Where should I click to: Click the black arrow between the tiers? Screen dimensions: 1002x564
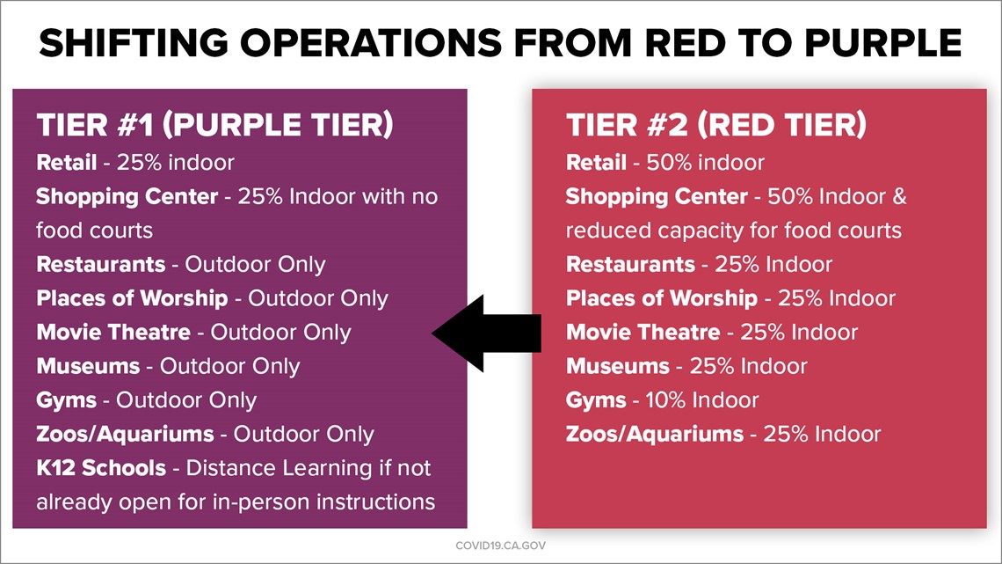(486, 333)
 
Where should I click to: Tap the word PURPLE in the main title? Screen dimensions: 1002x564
(883, 43)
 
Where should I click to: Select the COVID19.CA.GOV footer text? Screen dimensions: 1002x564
(500, 546)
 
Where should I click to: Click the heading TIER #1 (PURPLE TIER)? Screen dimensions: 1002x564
(214, 125)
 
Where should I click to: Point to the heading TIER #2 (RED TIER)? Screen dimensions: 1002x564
(716, 125)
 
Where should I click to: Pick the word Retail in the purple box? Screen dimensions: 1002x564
(67, 163)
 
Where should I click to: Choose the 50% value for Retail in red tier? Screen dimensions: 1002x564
(666, 163)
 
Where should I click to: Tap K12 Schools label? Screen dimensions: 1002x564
(101, 468)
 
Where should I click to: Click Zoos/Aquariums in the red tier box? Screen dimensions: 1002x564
(655, 434)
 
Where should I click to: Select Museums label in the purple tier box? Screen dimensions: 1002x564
(88, 366)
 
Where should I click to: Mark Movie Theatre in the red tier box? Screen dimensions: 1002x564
(643, 333)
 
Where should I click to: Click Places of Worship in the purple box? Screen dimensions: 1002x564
(132, 298)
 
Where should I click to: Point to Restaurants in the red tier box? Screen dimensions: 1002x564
(631, 265)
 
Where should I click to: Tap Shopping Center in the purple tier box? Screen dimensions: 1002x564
(127, 197)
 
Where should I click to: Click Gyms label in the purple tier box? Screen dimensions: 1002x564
(67, 401)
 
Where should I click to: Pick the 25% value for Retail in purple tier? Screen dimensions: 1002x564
(137, 163)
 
